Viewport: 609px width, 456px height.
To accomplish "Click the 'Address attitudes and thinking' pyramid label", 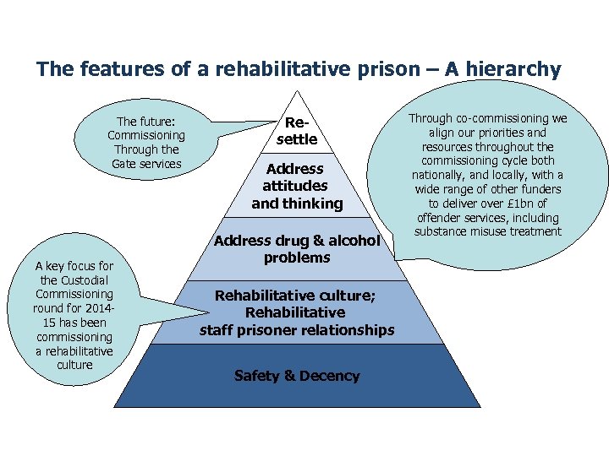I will pyautogui.click(x=296, y=186).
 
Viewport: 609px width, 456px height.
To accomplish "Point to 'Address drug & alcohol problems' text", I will pyautogui.click(x=296, y=249).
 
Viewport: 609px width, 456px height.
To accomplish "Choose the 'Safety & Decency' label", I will pyautogui.click(x=296, y=376).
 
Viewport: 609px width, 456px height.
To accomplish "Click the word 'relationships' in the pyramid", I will pyautogui.click(x=349, y=330).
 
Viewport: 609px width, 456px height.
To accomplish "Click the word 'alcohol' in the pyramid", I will pyautogui.click(x=350, y=241).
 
